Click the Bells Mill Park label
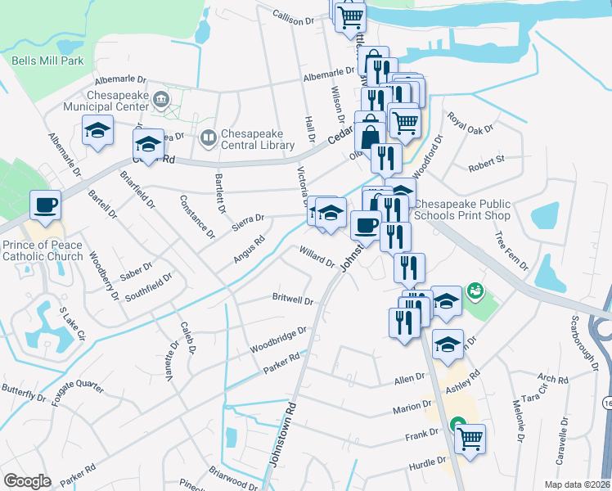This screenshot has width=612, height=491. tap(47, 61)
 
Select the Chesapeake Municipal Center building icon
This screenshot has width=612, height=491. tap(161, 101)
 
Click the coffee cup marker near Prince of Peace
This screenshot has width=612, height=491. tap(45, 205)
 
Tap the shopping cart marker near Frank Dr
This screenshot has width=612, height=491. tap(470, 439)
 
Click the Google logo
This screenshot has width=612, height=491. tap(27, 481)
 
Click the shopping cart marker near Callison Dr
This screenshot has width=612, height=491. tap(350, 16)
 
